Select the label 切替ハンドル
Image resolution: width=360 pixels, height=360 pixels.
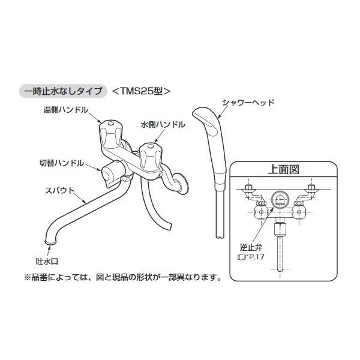point(60,163)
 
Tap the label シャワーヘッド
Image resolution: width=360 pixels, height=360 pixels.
point(248,103)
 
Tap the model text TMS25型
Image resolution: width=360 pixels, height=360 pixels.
point(142,91)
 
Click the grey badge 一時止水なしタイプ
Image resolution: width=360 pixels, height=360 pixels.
point(63,91)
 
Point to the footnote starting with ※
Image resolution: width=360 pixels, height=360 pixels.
point(122,277)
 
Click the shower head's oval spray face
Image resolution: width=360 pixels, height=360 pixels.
point(205,124)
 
